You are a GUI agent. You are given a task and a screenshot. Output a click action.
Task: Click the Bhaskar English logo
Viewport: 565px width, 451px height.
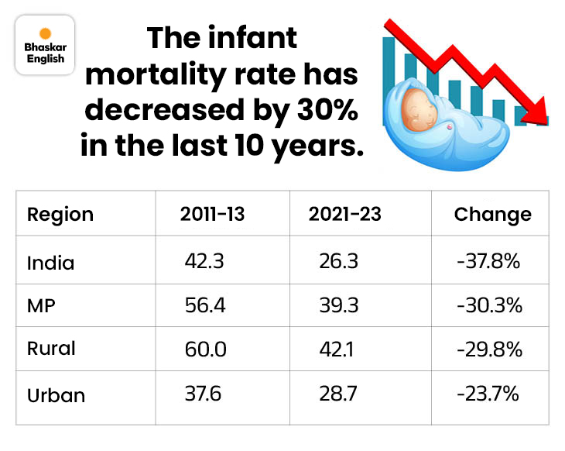point(45,45)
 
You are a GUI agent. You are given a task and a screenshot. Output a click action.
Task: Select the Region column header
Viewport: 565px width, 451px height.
point(60,214)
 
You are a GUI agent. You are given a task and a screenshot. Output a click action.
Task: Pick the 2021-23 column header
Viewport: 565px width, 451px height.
point(345,214)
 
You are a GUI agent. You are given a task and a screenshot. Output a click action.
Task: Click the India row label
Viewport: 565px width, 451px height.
point(51,262)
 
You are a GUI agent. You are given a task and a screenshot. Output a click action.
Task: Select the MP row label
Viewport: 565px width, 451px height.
point(42,305)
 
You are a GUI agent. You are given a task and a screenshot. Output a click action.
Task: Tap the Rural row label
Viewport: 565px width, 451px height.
point(51,349)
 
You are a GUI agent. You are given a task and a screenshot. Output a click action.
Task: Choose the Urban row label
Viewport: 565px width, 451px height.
point(56,394)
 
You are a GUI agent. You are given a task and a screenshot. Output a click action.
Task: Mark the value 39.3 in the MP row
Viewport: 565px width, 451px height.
point(338,305)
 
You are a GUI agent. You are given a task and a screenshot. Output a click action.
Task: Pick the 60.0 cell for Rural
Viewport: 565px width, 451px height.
point(205,349)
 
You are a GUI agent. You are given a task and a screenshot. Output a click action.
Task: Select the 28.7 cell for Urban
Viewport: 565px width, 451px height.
point(338,394)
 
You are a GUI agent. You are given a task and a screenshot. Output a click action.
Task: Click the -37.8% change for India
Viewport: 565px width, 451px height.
point(488,262)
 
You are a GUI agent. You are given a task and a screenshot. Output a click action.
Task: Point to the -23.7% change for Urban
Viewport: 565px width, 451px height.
point(488,394)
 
